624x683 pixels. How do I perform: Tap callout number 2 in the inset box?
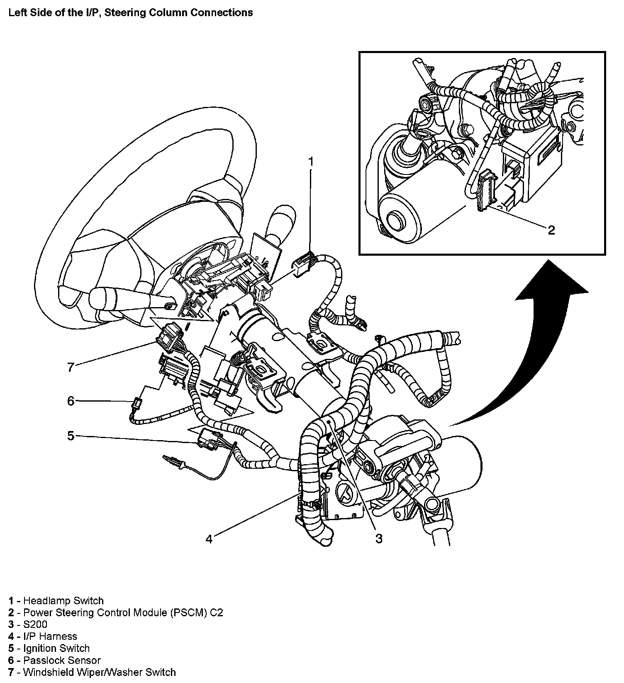point(551,230)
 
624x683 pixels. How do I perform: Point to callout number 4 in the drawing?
point(209,539)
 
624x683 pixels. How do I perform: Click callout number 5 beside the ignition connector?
point(71,436)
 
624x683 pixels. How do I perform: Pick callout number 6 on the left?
point(71,401)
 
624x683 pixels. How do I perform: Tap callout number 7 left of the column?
point(71,367)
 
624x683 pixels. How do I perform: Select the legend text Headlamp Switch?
point(63,601)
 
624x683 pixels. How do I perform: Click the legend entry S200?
point(35,624)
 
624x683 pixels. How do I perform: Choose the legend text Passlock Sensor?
point(62,660)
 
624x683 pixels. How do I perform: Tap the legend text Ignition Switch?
point(56,648)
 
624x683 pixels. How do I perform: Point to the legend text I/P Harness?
point(50,636)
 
